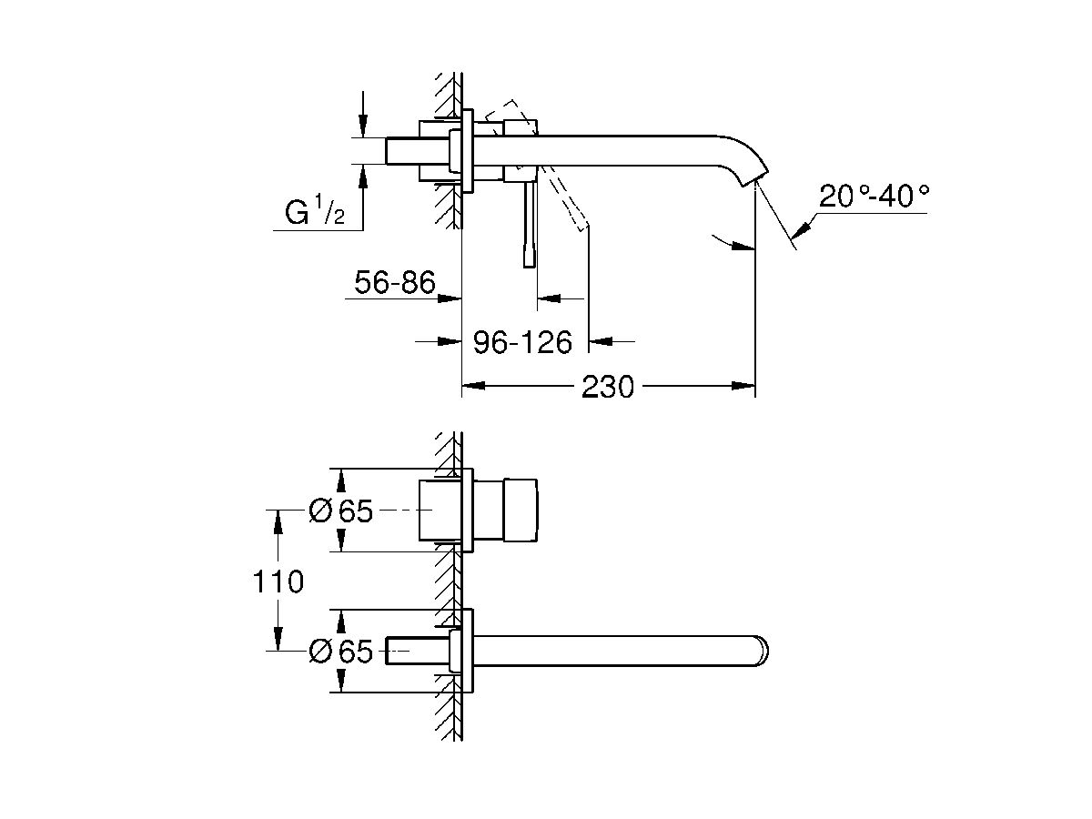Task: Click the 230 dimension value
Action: point(607,387)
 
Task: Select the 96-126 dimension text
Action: point(522,342)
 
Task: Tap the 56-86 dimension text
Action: point(394,284)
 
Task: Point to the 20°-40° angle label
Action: point(875,196)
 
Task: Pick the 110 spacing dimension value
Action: point(278,581)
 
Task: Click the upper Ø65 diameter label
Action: point(340,511)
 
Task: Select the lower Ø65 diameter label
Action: point(340,652)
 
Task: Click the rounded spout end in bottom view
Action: point(761,651)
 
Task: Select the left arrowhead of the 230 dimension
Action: point(471,387)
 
